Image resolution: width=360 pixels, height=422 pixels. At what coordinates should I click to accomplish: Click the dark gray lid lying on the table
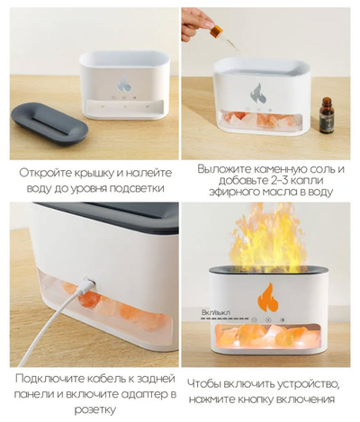point(49,124)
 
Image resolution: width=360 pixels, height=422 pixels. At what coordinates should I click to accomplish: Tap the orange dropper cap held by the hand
point(216,31)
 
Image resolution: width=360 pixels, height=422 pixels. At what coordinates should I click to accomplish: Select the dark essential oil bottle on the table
point(327,115)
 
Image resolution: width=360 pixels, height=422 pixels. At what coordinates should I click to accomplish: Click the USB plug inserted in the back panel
point(89,283)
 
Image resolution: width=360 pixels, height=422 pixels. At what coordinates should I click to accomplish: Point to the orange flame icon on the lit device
point(268,298)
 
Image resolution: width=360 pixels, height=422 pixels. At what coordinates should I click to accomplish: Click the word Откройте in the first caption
point(41,174)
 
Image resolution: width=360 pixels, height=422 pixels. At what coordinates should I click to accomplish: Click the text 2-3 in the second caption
point(272,181)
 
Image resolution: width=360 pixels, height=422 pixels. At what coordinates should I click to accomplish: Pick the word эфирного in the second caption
point(231,193)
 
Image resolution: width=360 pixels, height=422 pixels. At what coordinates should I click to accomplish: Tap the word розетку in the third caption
point(95,410)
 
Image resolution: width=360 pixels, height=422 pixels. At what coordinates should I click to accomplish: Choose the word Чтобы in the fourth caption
point(203,384)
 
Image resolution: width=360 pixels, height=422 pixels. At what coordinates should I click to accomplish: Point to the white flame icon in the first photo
point(123,83)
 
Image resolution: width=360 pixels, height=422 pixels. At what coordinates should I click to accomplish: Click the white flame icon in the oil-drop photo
point(257,94)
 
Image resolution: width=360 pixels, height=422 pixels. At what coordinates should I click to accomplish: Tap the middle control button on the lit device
point(268,320)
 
